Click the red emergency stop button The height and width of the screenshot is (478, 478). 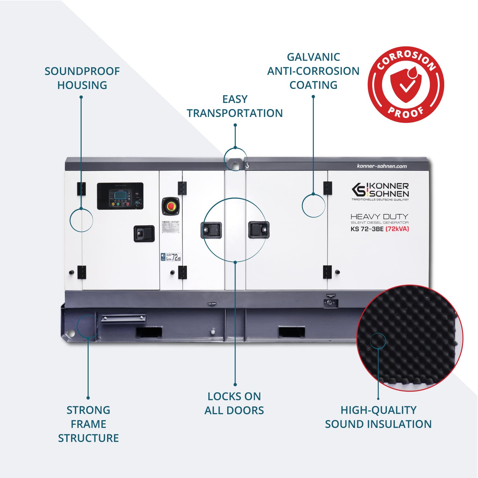coord(171,206)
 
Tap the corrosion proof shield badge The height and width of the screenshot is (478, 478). coord(406,84)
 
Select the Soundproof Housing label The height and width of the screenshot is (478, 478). coord(82,78)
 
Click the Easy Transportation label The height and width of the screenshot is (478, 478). coord(235,106)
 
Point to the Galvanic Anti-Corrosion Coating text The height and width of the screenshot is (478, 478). coord(313,71)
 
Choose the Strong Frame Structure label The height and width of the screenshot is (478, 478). coord(88,424)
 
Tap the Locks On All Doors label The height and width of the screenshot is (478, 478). coord(234,403)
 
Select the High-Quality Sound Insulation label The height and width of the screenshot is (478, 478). coord(378,417)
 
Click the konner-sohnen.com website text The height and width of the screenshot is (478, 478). coord(382,166)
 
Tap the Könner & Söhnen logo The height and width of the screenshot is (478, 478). coord(380,190)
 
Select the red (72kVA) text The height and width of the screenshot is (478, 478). coord(397,229)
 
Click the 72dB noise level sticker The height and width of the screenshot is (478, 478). coord(171,257)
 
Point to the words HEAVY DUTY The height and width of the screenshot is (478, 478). coord(379,217)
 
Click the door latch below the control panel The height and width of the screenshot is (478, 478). coord(144,234)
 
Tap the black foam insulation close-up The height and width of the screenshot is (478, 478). coord(409,338)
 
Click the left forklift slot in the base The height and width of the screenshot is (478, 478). coord(149,332)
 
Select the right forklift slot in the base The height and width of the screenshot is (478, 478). coord(291,332)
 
